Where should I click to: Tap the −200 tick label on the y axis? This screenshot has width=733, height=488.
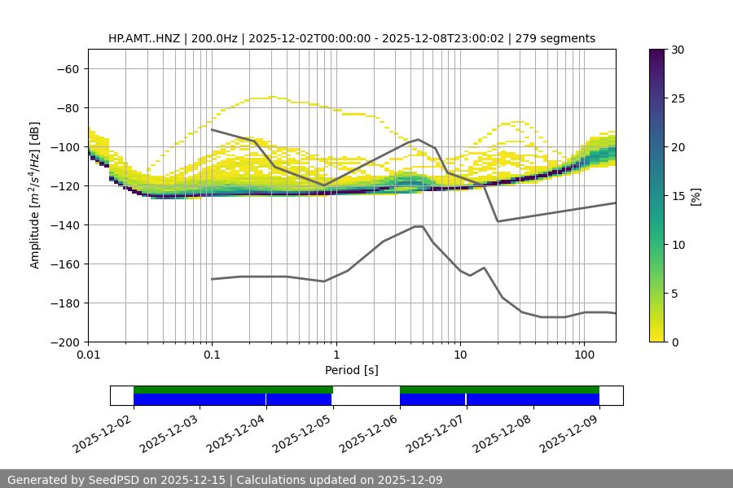(x=67, y=342)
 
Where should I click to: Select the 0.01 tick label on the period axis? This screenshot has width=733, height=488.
(x=88, y=355)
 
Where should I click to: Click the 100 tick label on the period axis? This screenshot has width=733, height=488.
(x=584, y=355)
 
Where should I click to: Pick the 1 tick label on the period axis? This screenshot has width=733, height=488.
(x=336, y=355)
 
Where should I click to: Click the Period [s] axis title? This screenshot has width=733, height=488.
(x=351, y=370)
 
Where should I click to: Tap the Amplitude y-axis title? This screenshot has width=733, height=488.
(x=34, y=195)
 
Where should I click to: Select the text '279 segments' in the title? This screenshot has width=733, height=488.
(x=556, y=38)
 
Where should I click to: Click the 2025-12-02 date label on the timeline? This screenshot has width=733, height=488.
(x=103, y=434)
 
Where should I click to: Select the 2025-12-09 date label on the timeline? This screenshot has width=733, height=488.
(x=569, y=434)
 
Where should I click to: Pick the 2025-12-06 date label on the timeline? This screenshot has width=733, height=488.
(x=369, y=434)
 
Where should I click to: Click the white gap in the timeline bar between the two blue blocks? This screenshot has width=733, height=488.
(x=366, y=395)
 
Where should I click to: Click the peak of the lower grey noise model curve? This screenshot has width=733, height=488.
(x=419, y=226)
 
